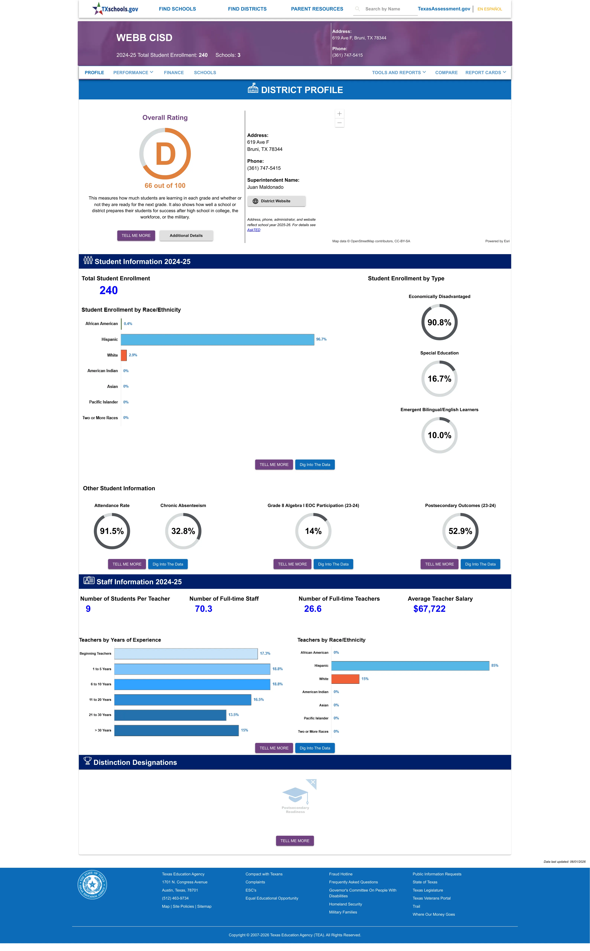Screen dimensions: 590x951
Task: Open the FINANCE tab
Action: [174, 73]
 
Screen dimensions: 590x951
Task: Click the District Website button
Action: [276, 201]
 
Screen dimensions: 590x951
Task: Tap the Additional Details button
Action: [186, 236]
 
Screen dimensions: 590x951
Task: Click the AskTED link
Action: [254, 230]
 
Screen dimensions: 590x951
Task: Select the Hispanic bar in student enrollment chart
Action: [217, 339]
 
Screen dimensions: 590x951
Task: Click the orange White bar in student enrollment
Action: [124, 355]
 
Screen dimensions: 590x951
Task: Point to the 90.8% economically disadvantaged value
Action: [439, 322]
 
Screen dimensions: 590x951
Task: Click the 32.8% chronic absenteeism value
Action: [183, 531]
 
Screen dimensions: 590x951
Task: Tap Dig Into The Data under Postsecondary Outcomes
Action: [480, 564]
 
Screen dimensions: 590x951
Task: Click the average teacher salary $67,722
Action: [429, 609]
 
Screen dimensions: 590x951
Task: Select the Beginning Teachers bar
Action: [186, 654]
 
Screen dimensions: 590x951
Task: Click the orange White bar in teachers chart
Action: [345, 679]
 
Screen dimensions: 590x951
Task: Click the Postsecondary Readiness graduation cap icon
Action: [295, 794]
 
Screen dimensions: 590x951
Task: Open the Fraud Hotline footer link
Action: [341, 874]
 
